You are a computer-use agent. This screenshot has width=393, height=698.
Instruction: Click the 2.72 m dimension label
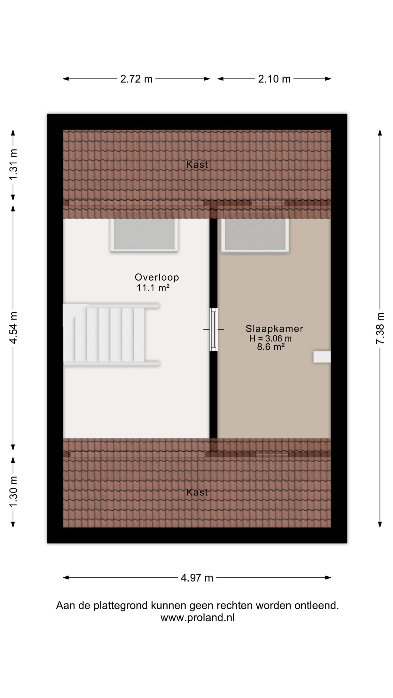136,79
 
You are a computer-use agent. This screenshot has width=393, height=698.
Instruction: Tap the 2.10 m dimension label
274,79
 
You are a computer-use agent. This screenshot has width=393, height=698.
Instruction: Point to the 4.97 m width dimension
197,577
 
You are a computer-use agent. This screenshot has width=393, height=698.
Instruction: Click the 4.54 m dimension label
13,327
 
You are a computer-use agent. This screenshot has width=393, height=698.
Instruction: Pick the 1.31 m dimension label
13,165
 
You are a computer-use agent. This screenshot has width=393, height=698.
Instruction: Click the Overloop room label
157,277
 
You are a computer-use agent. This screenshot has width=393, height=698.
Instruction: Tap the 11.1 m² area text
153,288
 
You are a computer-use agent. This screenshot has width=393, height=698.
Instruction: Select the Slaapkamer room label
274,329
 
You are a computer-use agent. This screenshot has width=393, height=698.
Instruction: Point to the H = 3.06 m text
270,338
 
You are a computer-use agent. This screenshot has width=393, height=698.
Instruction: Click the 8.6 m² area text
271,347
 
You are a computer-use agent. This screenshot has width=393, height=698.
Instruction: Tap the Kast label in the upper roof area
197,164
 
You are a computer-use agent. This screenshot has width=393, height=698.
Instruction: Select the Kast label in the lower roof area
197,492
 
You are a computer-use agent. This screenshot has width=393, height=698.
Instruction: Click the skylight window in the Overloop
144,235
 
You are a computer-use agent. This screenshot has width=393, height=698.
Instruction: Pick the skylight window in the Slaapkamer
255,235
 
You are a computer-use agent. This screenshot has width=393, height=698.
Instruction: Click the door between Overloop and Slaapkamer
213,330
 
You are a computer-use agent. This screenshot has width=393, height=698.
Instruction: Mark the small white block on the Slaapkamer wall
322,357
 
